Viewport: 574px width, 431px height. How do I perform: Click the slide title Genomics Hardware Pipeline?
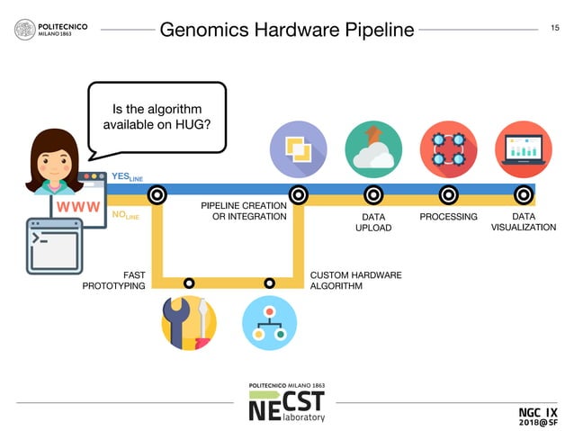coord(286,30)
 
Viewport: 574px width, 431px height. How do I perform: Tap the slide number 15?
coord(555,29)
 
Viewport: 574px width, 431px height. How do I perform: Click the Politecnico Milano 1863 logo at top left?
coord(51,30)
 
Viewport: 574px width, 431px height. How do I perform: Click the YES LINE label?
coord(127,178)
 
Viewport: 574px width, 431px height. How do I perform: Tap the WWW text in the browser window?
coord(77,206)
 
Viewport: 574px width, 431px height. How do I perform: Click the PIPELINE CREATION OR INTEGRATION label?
coord(243,211)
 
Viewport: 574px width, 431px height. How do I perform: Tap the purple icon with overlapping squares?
coord(298,149)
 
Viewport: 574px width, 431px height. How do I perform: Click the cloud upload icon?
coord(373,149)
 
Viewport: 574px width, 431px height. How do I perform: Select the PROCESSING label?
coord(448,217)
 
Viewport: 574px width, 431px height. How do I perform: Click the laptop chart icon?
coord(524,149)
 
